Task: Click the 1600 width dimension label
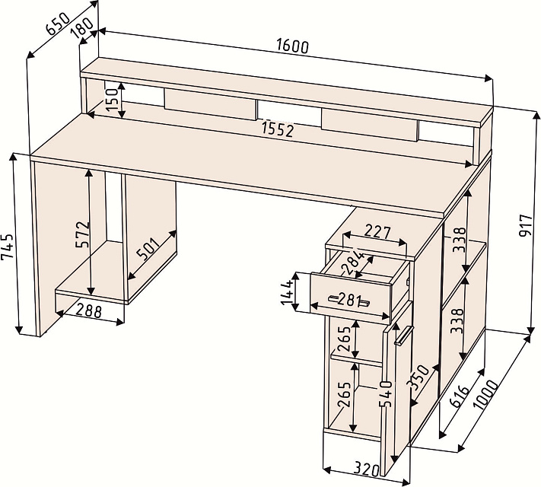pos(292,46)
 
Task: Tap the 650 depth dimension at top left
pos(59,24)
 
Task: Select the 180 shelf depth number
pos(82,27)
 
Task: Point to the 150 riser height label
pos(112,98)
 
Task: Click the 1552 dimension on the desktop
pos(278,130)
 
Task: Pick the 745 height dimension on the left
pos(8,247)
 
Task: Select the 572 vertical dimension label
pos(83,234)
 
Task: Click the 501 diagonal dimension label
pos(148,249)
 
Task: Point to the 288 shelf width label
pos(89,311)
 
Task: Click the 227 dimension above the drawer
pos(377,231)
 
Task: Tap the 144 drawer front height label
pos(288,293)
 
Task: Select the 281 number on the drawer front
pos(348,300)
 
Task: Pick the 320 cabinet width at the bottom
pos(367,469)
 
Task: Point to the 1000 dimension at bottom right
pos(485,394)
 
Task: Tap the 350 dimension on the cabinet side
pos(418,377)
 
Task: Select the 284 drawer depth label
pos(353,263)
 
